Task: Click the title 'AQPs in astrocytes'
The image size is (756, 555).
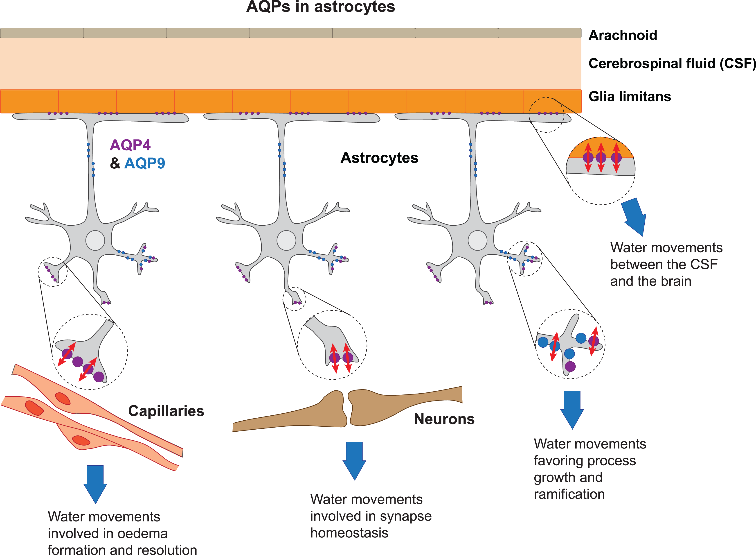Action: (x=321, y=7)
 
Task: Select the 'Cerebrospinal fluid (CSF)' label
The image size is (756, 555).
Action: (x=672, y=63)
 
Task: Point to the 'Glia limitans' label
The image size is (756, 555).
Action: (x=630, y=96)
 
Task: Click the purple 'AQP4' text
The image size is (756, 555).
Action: (x=130, y=145)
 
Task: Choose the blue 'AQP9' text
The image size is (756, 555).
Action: (x=145, y=163)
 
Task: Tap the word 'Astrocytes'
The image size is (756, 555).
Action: (x=379, y=158)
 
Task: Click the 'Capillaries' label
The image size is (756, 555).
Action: (x=166, y=411)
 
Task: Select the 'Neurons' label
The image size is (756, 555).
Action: (x=444, y=419)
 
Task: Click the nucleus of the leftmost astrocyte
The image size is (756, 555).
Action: (x=95, y=240)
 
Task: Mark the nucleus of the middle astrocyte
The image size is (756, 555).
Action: (x=286, y=240)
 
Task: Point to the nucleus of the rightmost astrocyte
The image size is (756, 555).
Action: (x=477, y=240)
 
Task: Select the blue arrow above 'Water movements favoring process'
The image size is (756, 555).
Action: (x=572, y=410)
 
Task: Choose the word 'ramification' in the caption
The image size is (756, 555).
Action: (x=569, y=494)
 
